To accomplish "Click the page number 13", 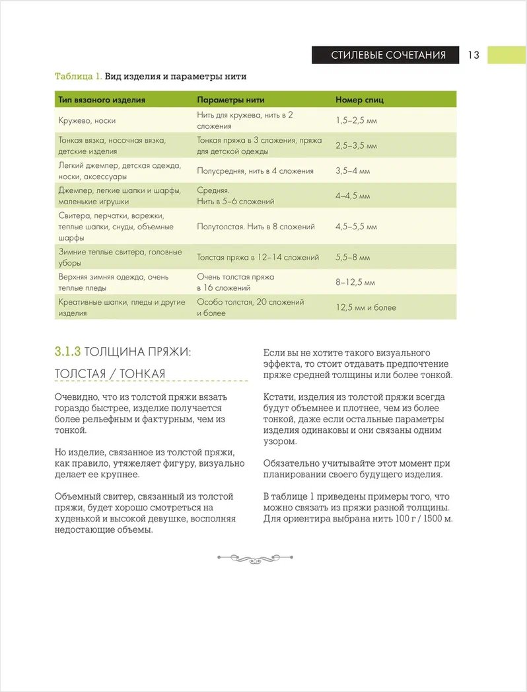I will [x=474, y=55].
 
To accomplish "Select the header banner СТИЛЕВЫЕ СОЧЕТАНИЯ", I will [x=388, y=55].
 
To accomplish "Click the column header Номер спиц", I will [x=359, y=100].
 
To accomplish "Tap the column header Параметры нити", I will [x=230, y=100].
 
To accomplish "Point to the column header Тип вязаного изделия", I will [x=102, y=100].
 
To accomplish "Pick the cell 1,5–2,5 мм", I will [x=357, y=120].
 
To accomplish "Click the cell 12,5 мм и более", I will [x=366, y=307].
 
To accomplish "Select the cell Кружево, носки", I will [x=87, y=120].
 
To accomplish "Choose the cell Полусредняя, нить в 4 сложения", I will [x=255, y=171].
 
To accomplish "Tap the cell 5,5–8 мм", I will [x=353, y=257].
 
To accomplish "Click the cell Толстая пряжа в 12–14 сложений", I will [x=258, y=257].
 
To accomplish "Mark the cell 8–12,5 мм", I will [x=355, y=282].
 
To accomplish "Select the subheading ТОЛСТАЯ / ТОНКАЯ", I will [x=110, y=374].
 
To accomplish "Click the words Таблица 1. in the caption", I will [x=78, y=76].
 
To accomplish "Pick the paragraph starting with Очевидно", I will [x=141, y=414].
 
